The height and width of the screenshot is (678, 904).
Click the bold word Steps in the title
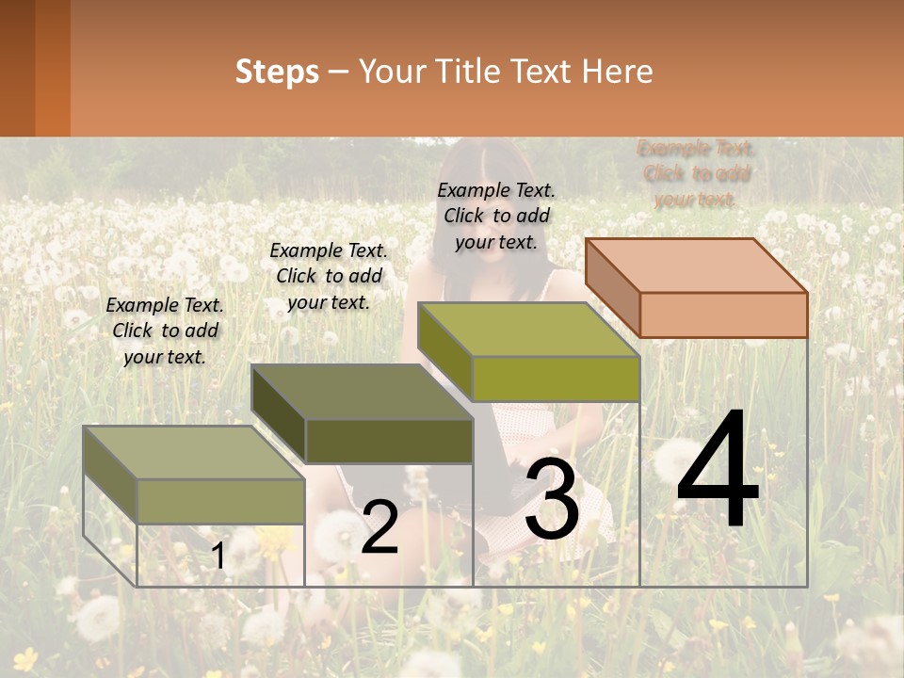277,72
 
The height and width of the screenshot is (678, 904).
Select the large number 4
718,471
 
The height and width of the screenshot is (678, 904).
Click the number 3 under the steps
552,499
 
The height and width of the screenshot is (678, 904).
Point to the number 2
380,527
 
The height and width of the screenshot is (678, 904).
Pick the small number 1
218,556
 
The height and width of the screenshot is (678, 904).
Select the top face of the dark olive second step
362,392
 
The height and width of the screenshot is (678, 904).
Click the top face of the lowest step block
194,453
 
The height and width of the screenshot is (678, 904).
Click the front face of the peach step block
723,315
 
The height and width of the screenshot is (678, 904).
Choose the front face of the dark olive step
389,441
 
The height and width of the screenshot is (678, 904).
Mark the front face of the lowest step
220,501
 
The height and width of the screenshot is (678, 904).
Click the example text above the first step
165,331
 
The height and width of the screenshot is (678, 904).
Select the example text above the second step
329,276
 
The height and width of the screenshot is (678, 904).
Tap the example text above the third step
496,216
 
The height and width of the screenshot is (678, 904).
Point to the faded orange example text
696,173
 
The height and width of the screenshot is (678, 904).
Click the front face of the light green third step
556,379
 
